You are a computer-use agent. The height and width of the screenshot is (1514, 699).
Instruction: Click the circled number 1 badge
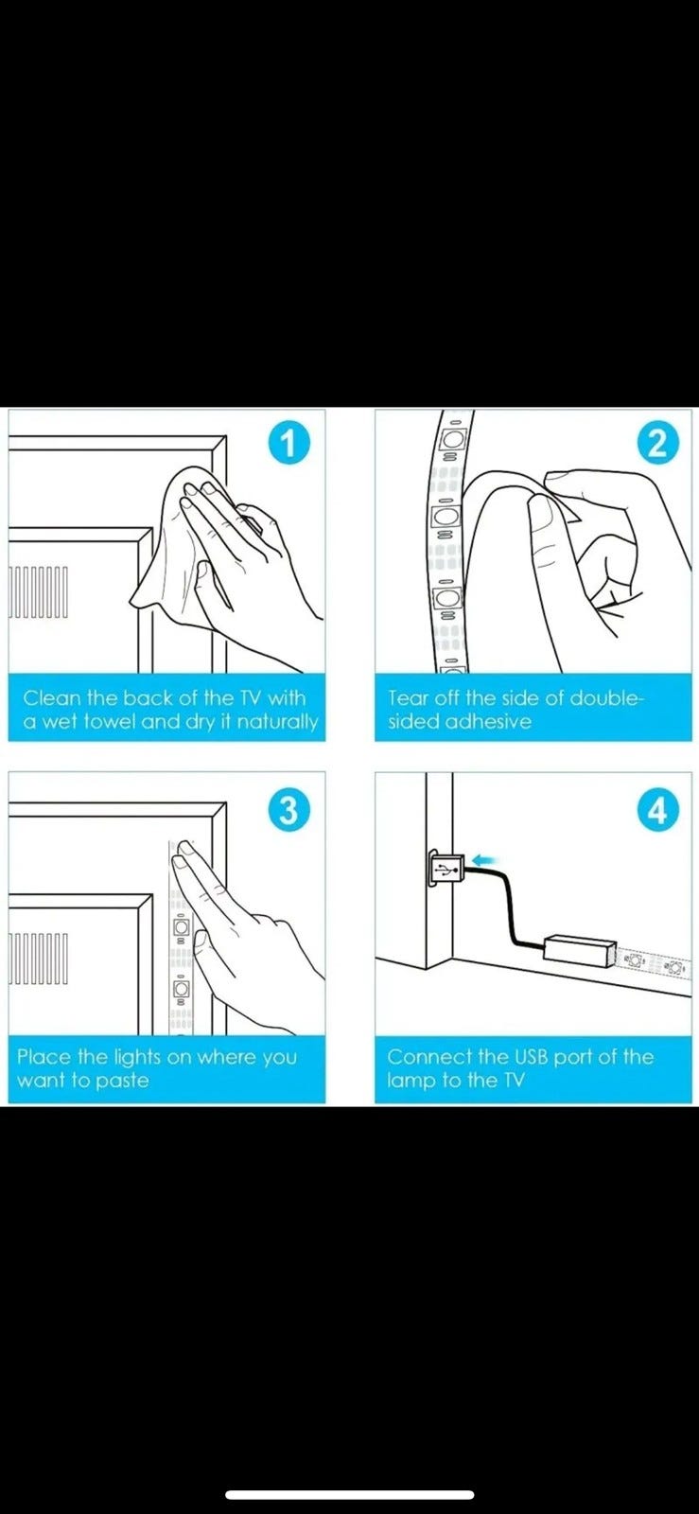[288, 444]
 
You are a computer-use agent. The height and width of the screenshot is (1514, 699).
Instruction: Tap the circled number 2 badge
[657, 444]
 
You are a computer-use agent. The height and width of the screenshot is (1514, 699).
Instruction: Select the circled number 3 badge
[288, 810]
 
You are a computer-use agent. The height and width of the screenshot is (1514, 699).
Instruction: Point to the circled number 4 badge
[657, 810]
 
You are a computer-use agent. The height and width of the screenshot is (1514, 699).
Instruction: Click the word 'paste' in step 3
[122, 1081]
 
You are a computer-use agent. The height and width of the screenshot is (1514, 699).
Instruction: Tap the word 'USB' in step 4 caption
[532, 1056]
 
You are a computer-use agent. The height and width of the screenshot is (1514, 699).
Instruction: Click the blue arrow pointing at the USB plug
[485, 860]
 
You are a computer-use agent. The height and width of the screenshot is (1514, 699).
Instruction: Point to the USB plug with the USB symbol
[446, 867]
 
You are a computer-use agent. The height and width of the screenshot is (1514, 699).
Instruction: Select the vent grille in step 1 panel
[39, 591]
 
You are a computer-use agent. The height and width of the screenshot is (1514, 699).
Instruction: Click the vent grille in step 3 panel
[39, 959]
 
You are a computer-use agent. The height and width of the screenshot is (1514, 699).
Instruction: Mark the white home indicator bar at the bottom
[350, 1494]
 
